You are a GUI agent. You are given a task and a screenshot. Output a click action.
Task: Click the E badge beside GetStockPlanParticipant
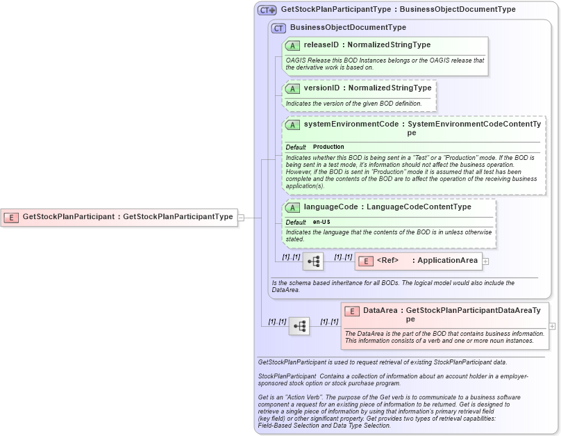pyautogui.click(x=11, y=217)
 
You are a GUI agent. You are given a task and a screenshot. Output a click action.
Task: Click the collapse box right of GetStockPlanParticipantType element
pyautogui.click(x=241, y=217)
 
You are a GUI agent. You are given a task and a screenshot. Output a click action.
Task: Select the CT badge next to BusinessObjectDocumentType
pyautogui.click(x=279, y=29)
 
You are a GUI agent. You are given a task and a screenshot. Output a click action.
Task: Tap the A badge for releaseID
pyautogui.click(x=293, y=45)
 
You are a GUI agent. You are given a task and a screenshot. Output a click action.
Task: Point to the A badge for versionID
pyautogui.click(x=293, y=88)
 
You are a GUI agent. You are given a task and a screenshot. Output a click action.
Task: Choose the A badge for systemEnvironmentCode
pyautogui.click(x=293, y=125)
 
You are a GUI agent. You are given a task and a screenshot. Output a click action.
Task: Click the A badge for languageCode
pyautogui.click(x=293, y=207)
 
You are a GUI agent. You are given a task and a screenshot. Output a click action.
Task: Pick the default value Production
pyautogui.click(x=328, y=147)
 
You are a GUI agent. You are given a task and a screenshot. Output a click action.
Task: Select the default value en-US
pyautogui.click(x=321, y=222)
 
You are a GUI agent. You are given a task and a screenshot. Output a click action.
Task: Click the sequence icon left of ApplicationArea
pyautogui.click(x=313, y=261)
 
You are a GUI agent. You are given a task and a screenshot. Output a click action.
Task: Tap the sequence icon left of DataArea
pyautogui.click(x=299, y=325)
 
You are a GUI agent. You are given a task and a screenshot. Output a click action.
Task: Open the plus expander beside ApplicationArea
pyautogui.click(x=486, y=261)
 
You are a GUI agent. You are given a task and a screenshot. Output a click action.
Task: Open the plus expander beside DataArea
pyautogui.click(x=552, y=325)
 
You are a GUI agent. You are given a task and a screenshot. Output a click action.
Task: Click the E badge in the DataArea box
pyautogui.click(x=352, y=312)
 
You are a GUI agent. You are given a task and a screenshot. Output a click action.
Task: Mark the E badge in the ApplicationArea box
pyautogui.click(x=366, y=261)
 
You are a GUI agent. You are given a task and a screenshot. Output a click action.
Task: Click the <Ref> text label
pyautogui.click(x=387, y=261)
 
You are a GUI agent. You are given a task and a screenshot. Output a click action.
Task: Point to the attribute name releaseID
pyautogui.click(x=322, y=45)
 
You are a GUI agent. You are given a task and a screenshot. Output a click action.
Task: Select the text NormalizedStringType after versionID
pyautogui.click(x=390, y=88)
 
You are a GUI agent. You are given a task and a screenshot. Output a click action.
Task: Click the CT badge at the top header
pyautogui.click(x=267, y=10)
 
